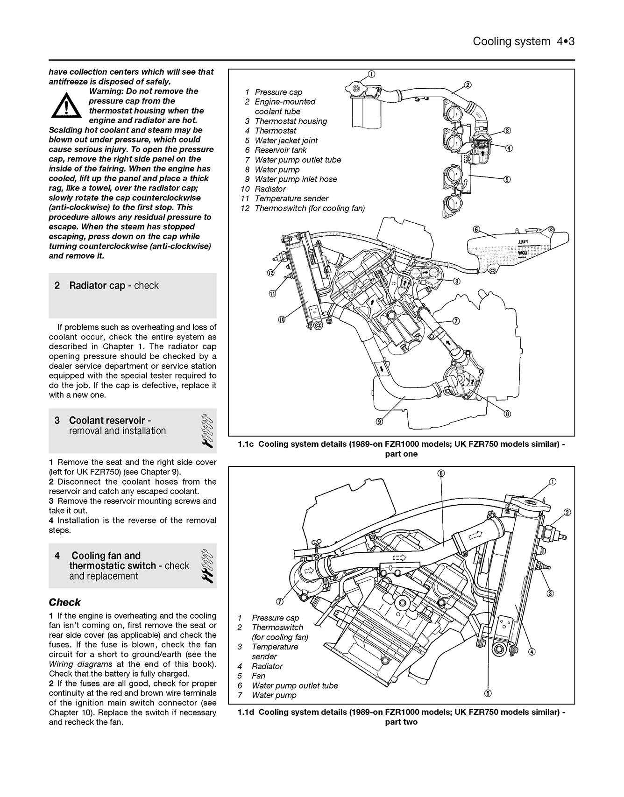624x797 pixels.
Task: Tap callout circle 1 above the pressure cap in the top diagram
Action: [x=371, y=74]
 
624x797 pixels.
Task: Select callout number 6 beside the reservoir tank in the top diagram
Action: [x=476, y=229]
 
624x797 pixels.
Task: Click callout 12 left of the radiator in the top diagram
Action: [x=271, y=273]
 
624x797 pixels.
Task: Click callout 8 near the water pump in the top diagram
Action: [x=507, y=414]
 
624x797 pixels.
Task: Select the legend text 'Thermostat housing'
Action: [x=291, y=121]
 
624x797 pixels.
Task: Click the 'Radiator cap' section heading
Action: [x=113, y=286]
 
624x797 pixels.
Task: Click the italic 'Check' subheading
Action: [x=65, y=602]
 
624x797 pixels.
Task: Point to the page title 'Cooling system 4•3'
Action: [x=523, y=42]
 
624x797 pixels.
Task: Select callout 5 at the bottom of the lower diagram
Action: [x=487, y=693]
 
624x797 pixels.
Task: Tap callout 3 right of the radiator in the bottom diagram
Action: [x=550, y=594]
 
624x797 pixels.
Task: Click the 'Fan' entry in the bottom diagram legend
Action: [x=258, y=676]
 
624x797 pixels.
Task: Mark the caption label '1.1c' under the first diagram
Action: [x=245, y=444]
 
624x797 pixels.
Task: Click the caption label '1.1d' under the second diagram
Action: [x=245, y=712]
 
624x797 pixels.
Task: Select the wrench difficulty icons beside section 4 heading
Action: [x=208, y=566]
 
